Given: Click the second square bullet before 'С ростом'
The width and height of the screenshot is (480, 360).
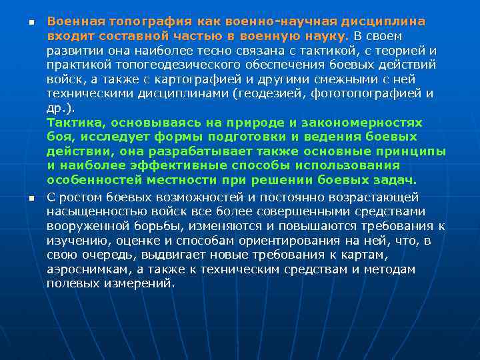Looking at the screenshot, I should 31,197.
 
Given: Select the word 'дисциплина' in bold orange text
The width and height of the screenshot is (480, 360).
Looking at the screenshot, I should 383,21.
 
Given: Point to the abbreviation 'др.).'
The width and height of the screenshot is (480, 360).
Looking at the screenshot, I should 61,108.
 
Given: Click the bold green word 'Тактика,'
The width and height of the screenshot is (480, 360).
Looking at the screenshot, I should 76,123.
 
